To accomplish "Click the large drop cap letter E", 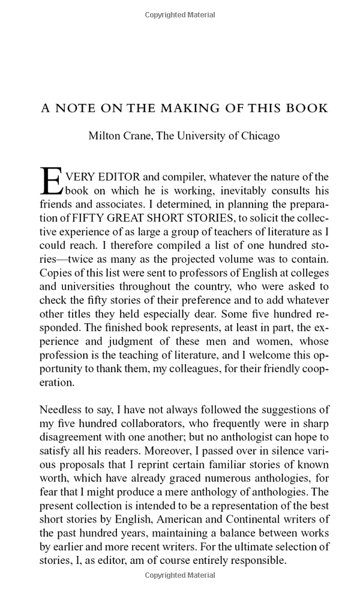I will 50,181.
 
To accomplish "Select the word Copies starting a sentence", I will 56,273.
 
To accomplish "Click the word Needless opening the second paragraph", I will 62,410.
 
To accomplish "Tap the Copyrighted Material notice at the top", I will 180,14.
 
